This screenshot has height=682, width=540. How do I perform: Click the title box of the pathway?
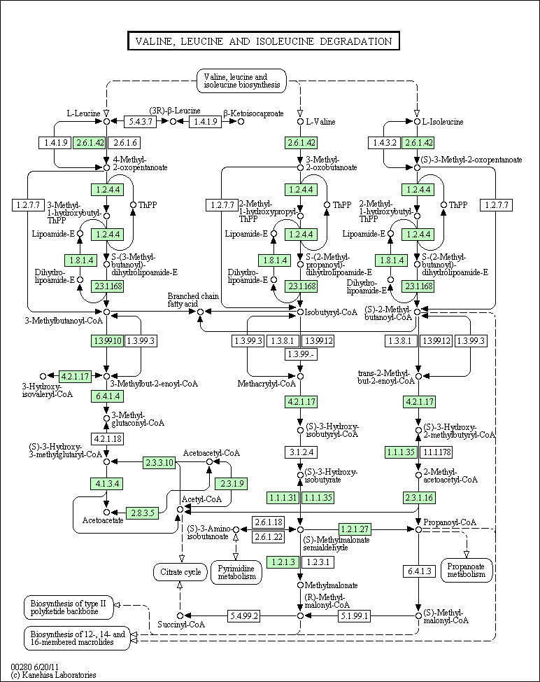(x=263, y=41)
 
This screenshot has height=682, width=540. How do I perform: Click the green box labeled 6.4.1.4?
(x=107, y=396)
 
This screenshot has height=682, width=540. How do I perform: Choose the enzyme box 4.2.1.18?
(x=107, y=439)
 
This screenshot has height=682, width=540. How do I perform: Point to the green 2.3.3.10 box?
(x=159, y=462)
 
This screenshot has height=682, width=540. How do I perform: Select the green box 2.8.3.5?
(x=142, y=513)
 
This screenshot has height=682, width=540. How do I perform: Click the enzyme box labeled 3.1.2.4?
(x=301, y=452)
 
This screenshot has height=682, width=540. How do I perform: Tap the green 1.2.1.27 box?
(x=354, y=529)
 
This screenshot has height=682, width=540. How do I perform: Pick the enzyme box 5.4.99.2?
(x=244, y=616)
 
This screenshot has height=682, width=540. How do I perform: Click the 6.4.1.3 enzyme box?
(x=418, y=571)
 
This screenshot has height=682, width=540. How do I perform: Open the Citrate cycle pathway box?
(x=180, y=572)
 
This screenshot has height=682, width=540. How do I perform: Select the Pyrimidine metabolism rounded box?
(x=236, y=571)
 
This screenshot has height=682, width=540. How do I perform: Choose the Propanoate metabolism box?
(x=467, y=570)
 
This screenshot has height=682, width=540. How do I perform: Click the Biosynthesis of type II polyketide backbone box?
(x=69, y=607)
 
